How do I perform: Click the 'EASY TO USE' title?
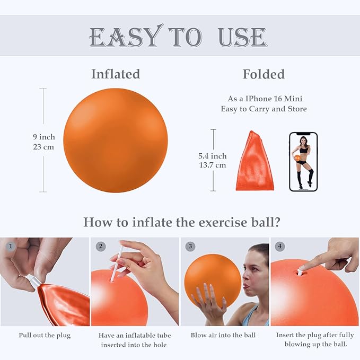(177, 37)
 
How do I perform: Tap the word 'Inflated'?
(115, 74)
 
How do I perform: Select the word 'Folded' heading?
(264, 74)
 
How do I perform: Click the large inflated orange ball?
(115, 140)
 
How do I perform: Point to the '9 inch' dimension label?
(43, 137)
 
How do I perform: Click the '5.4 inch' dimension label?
(212, 156)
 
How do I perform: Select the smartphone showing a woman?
(303, 162)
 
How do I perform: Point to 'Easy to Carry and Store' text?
(264, 109)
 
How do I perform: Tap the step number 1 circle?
(10, 247)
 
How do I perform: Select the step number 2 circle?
(101, 247)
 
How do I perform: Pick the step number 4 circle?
(279, 247)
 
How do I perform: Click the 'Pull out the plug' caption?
(44, 335)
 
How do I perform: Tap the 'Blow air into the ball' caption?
(223, 335)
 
